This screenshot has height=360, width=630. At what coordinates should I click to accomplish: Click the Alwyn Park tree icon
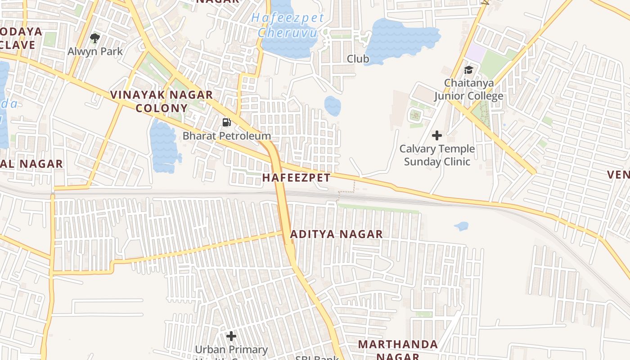[95, 38]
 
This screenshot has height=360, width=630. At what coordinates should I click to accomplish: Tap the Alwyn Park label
[95, 51]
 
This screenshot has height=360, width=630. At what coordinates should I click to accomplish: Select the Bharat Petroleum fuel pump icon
[227, 122]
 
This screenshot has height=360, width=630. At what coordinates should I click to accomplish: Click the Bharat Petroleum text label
[227, 135]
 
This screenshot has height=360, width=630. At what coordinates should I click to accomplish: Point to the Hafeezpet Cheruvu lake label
[288, 25]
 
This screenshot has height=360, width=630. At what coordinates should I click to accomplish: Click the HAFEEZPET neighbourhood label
[296, 177]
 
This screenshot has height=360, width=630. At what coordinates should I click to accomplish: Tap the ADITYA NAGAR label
[336, 234]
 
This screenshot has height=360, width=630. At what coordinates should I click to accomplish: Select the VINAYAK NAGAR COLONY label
[162, 101]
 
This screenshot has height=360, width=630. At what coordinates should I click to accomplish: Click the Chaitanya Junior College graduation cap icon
[468, 70]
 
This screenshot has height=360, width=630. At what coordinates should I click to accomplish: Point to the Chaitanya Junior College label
[468, 90]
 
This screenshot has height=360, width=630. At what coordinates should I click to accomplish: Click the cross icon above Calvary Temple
[436, 135]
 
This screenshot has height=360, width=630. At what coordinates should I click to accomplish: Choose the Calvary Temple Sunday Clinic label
[437, 155]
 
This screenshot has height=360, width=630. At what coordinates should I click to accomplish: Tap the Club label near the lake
[358, 59]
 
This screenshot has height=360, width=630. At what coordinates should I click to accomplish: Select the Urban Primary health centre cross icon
[231, 336]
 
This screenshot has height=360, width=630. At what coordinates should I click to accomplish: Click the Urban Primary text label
[231, 350]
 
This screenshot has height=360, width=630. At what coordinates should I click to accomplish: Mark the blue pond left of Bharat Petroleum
[163, 146]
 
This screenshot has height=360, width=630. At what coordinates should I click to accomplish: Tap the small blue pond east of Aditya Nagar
[461, 226]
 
